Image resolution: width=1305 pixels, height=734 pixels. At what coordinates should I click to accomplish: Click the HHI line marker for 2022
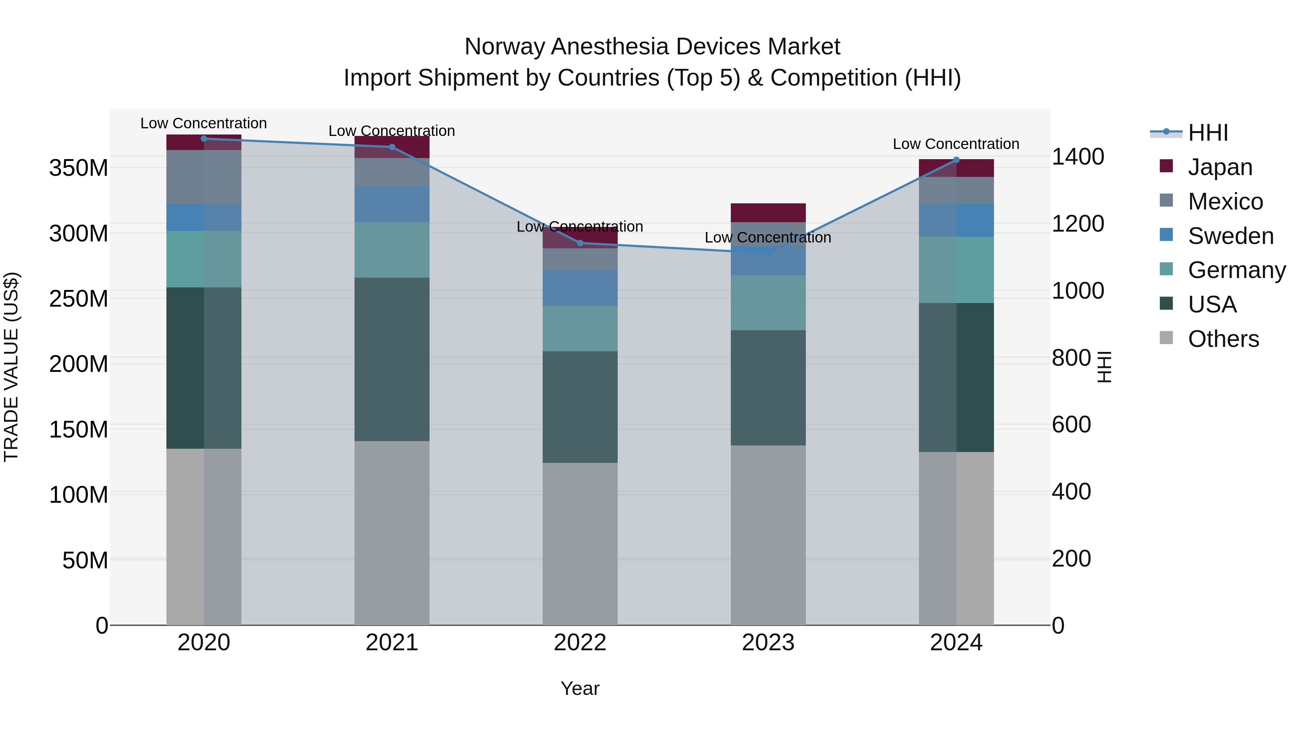tap(580, 243)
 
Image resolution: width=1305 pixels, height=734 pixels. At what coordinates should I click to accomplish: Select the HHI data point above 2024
tap(957, 160)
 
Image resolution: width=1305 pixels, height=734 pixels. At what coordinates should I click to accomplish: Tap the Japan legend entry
tap(1219, 167)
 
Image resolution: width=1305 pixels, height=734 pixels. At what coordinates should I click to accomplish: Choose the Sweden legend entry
tap(1230, 236)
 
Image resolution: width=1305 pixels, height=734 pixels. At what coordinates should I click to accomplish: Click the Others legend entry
tap(1223, 339)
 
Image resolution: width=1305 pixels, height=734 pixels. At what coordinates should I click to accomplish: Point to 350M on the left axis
tap(79, 168)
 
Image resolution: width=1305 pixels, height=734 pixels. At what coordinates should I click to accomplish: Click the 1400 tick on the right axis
tap(1078, 157)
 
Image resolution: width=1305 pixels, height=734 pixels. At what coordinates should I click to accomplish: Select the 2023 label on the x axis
tap(768, 643)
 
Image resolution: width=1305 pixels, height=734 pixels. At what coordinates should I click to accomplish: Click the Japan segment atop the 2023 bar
tap(768, 213)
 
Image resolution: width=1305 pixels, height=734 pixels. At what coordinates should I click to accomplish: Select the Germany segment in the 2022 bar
tap(580, 329)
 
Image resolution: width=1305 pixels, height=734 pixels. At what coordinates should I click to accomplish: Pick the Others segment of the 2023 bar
tap(768, 535)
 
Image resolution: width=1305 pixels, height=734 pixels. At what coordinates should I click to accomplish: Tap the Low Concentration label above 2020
tap(204, 124)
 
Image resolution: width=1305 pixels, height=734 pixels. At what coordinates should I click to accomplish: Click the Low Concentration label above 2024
tap(956, 144)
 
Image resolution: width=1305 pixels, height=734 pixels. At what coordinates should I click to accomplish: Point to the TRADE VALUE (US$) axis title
tap(11, 367)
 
